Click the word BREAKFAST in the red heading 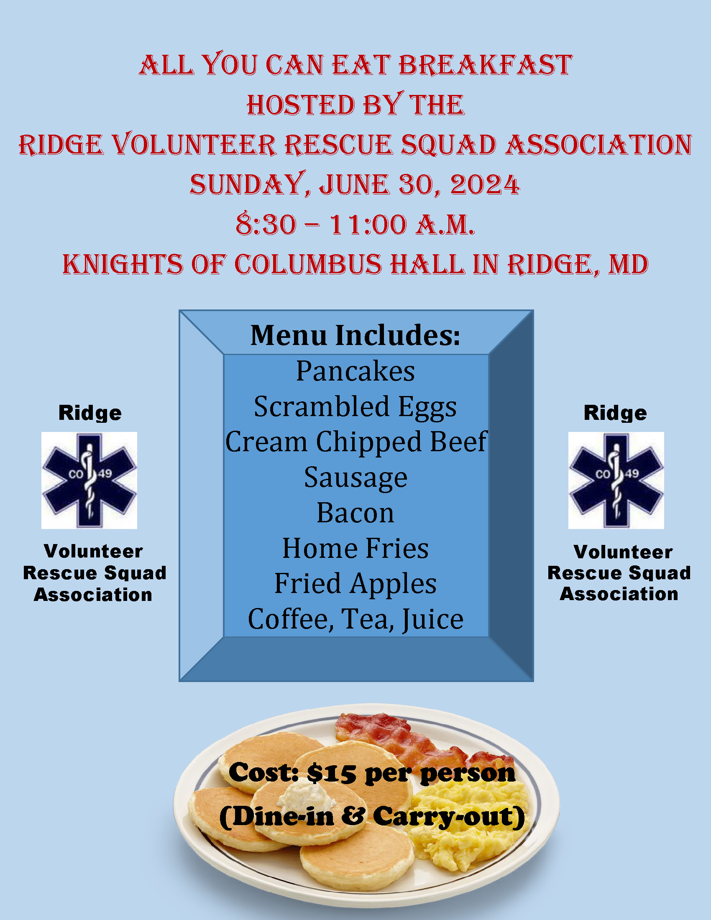(485, 65)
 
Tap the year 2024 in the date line (485, 184)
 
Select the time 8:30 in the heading (266, 224)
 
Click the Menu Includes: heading (355, 335)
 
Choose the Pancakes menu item (355, 371)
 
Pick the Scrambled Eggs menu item (355, 407)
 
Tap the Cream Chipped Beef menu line (356, 442)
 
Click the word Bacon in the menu (355, 513)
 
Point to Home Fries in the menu (355, 549)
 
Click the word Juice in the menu (432, 620)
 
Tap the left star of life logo (90, 480)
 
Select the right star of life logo (616, 480)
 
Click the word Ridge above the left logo (90, 413)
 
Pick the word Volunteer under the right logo (623, 552)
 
